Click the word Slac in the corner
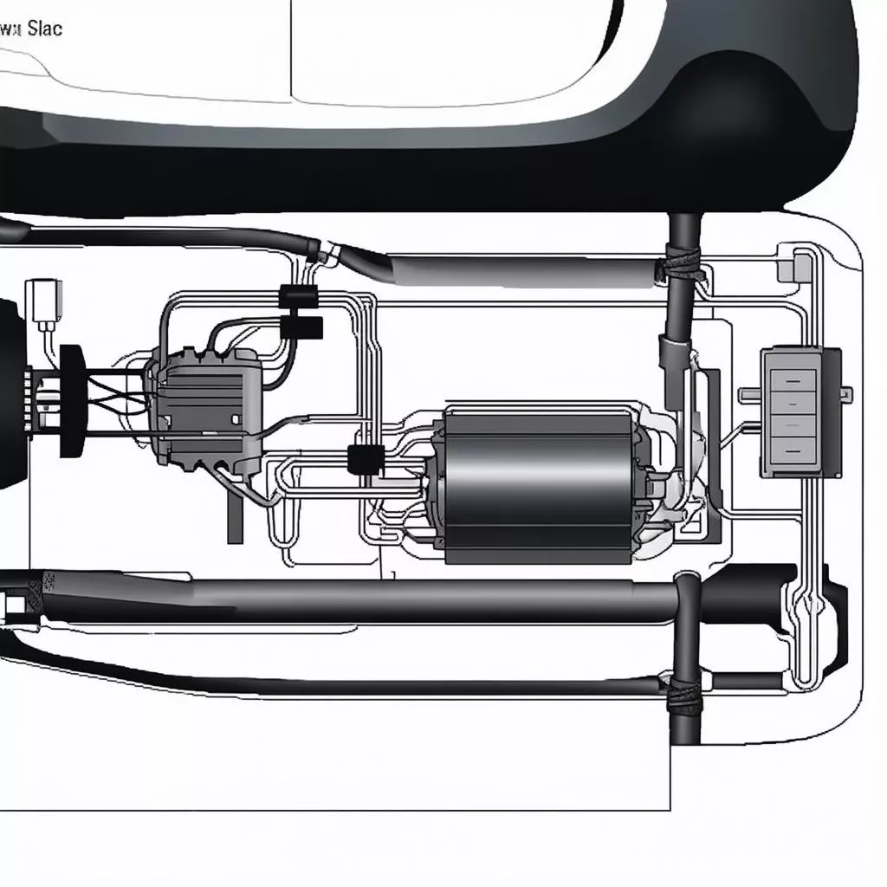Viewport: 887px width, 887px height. point(44,28)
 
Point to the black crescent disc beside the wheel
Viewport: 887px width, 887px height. point(71,401)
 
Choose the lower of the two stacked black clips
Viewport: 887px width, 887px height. point(302,327)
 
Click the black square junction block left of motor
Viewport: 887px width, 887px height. point(365,458)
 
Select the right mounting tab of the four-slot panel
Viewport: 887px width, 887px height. point(846,395)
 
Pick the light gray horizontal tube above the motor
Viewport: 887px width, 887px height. point(520,271)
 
